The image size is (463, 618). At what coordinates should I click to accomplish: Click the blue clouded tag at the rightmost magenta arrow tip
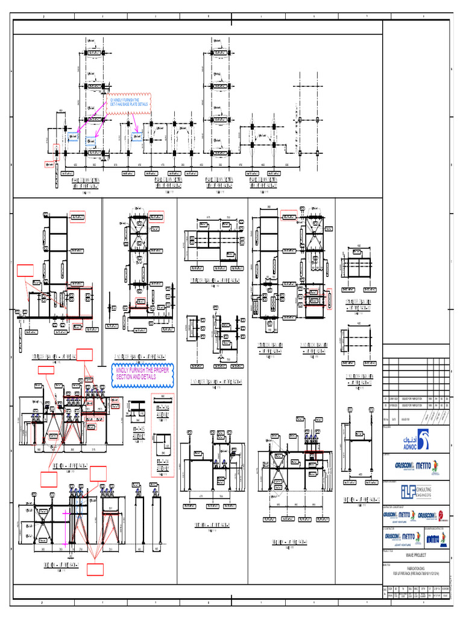pos(137,136)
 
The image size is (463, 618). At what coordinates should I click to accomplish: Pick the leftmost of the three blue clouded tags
pos(73,136)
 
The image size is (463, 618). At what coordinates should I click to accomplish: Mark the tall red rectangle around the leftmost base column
pos(56,151)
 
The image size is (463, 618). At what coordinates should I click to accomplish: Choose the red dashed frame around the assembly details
pos(162,435)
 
